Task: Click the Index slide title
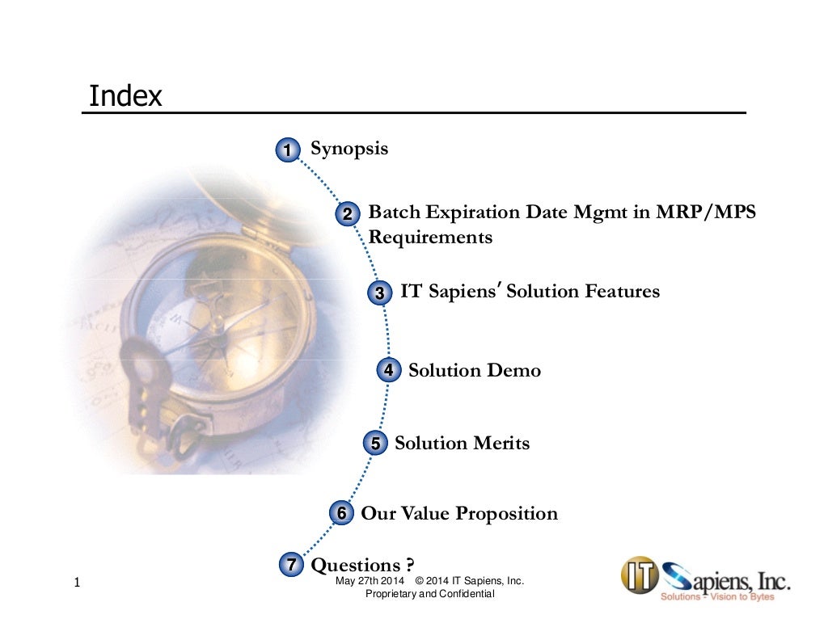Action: click(125, 97)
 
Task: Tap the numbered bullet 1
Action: click(286, 150)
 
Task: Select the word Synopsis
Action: click(349, 149)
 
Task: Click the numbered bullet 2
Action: click(347, 215)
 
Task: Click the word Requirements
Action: click(430, 238)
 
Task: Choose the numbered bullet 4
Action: click(388, 371)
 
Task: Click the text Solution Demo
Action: click(475, 371)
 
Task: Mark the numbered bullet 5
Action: click(376, 444)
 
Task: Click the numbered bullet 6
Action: click(342, 514)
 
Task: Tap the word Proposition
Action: click(507, 514)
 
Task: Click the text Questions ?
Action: click(369, 564)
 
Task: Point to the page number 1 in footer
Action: click(76, 583)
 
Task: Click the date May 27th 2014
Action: click(370, 582)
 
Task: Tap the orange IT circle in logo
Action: click(639, 575)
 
